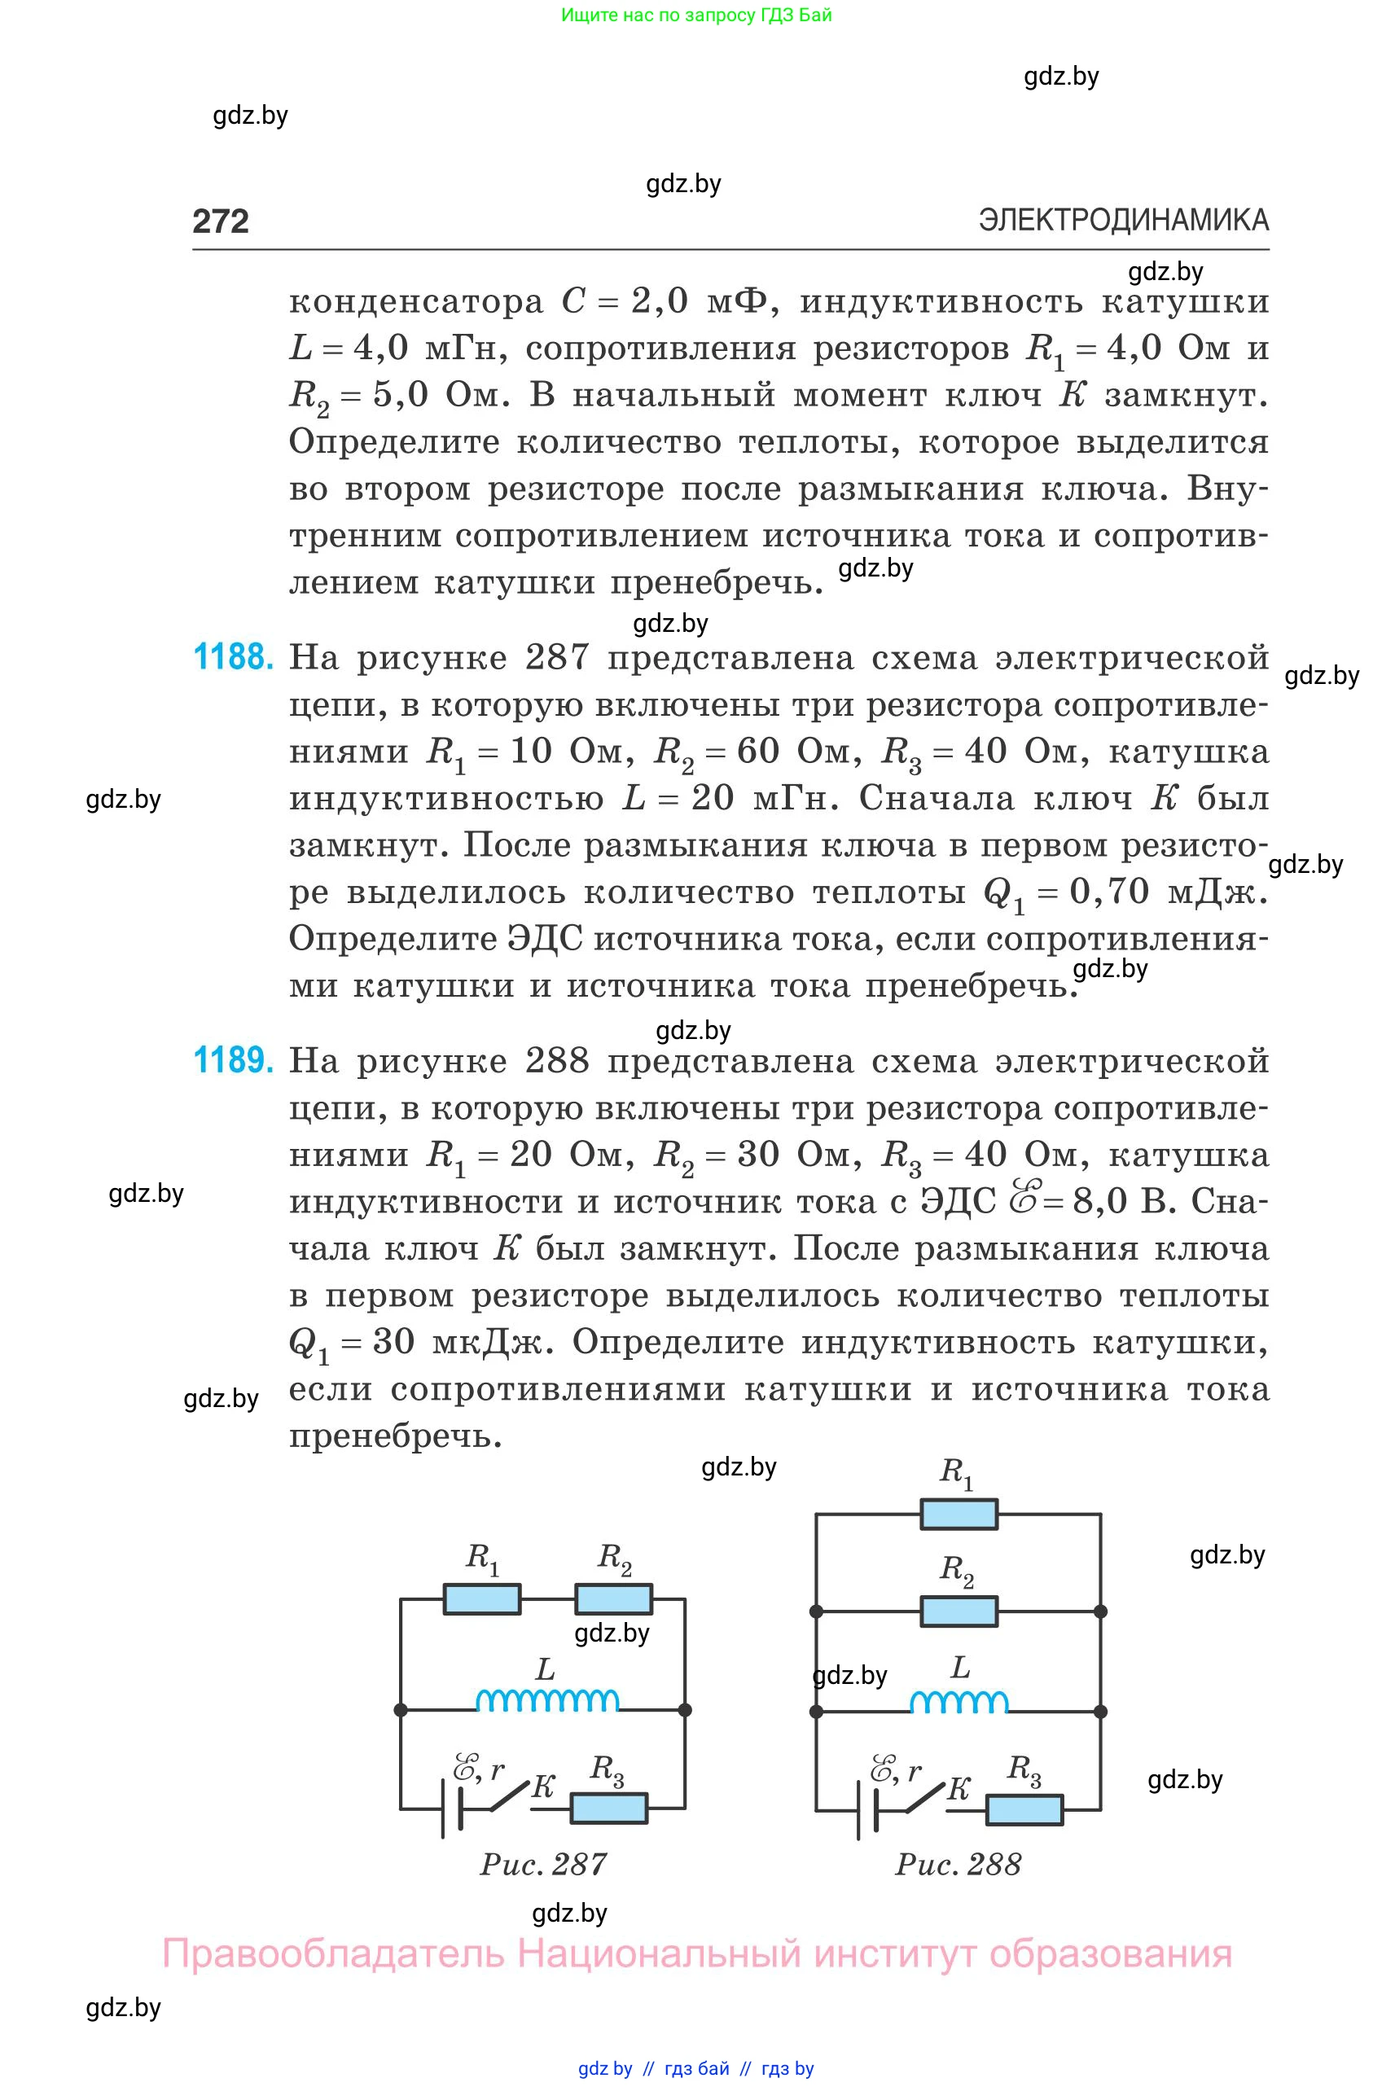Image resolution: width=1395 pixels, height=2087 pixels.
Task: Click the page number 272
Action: [x=221, y=221]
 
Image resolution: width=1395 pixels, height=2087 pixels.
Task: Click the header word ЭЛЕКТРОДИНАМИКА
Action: [x=1123, y=220]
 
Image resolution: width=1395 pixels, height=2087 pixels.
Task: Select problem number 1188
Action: [x=233, y=657]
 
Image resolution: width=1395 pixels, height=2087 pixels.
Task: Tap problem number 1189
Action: [x=233, y=1060]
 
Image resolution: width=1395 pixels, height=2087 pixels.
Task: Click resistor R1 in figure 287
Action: [x=481, y=1598]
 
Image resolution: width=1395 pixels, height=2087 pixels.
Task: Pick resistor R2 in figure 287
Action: [x=613, y=1598]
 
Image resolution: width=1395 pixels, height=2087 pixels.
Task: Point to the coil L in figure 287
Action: [x=547, y=1701]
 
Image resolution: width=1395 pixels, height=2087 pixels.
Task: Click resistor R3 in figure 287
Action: [x=608, y=1808]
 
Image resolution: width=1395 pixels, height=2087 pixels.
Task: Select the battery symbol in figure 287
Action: [x=451, y=1809]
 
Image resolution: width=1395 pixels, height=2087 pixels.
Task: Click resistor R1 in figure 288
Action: [x=959, y=1513]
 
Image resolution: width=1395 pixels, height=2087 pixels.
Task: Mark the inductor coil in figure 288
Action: [x=959, y=1703]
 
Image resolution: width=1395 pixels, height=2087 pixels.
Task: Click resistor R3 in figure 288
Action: [x=1024, y=1809]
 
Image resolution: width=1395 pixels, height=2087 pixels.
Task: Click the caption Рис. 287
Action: [x=544, y=1865]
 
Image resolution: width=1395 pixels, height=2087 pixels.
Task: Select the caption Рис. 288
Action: [x=959, y=1865]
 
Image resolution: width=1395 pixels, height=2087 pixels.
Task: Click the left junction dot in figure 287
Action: [x=401, y=1710]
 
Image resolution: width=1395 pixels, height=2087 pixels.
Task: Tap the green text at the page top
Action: [x=696, y=15]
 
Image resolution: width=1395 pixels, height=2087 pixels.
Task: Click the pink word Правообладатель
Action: [x=333, y=1953]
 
